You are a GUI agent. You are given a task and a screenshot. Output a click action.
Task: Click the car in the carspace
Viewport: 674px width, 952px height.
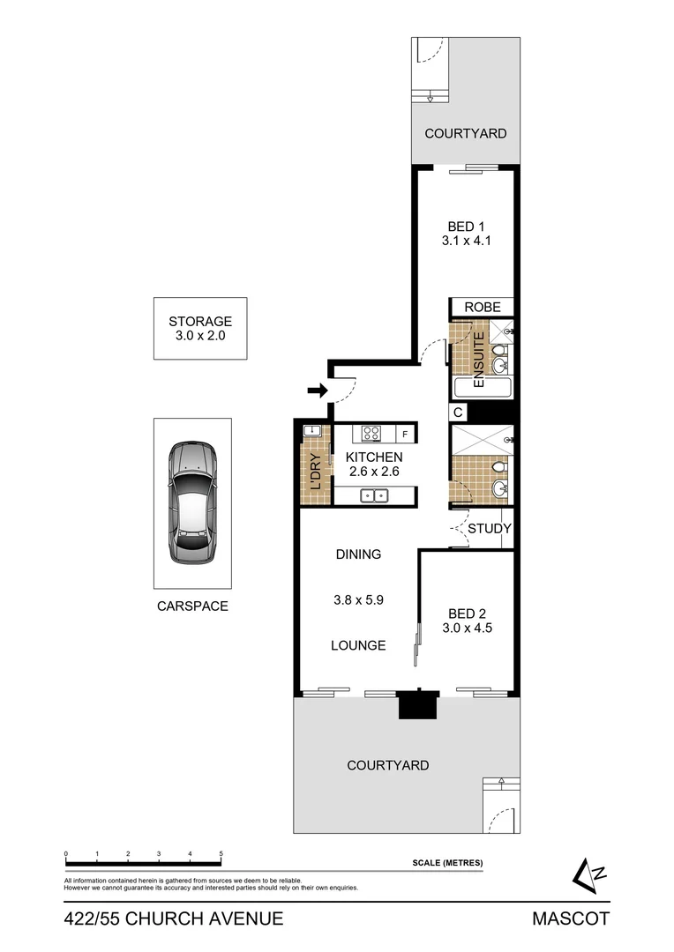pos(193,503)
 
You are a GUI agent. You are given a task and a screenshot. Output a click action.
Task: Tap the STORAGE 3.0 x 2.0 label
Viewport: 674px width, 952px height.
pos(200,329)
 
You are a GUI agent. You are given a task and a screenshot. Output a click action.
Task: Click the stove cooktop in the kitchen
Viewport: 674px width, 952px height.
pos(371,433)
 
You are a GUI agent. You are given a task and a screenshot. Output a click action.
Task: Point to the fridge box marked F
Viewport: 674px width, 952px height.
pos(405,434)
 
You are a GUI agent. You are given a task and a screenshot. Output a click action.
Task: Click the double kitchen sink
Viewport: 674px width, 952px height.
pos(374,495)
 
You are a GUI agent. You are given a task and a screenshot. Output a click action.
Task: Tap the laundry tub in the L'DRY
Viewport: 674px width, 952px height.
pos(311,431)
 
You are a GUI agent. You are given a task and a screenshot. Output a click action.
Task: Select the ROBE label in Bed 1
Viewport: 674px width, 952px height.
pos(483,307)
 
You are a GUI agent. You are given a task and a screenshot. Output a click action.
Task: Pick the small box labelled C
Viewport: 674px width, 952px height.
pos(458,413)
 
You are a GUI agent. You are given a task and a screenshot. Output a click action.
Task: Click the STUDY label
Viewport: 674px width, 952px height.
pos(489,529)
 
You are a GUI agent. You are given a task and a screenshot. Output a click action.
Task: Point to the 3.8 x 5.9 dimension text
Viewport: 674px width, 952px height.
pos(358,599)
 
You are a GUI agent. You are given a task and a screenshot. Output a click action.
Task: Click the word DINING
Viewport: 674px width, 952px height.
pos(358,554)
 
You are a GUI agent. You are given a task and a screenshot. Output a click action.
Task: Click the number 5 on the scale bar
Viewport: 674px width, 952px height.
pos(221,854)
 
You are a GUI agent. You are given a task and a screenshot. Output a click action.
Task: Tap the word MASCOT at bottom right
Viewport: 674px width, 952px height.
pos(570,919)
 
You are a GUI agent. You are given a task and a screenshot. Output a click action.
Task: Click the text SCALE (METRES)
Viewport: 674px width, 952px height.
pos(447,863)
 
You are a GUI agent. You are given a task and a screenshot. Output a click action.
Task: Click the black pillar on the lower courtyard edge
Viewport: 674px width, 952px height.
pos(417,704)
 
